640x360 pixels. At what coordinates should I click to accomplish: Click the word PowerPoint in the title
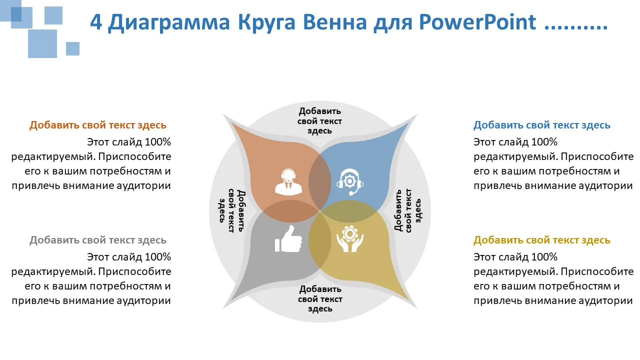[x=477, y=22]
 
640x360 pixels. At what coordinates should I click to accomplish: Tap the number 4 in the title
[x=96, y=22]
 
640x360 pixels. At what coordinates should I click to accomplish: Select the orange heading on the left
[x=97, y=125]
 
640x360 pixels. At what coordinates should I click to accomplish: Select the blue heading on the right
[x=541, y=125]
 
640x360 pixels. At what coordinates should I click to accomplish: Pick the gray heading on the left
[x=97, y=240]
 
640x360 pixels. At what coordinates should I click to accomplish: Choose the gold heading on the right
[x=541, y=240]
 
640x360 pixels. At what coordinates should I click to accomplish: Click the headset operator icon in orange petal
[x=288, y=181]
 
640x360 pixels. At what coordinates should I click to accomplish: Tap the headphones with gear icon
[x=349, y=181]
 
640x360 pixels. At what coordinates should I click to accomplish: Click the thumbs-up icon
[x=288, y=239]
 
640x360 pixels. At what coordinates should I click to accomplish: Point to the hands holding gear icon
[x=349, y=239]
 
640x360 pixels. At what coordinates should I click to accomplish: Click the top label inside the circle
[x=319, y=121]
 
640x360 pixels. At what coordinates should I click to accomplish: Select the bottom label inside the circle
[x=320, y=299]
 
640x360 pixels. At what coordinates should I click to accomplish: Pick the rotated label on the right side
[x=407, y=210]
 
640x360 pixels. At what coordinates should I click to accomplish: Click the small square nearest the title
[x=72, y=48]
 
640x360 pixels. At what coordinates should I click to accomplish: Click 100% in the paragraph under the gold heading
[x=544, y=257]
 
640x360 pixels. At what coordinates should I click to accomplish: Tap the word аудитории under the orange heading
[x=143, y=186]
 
